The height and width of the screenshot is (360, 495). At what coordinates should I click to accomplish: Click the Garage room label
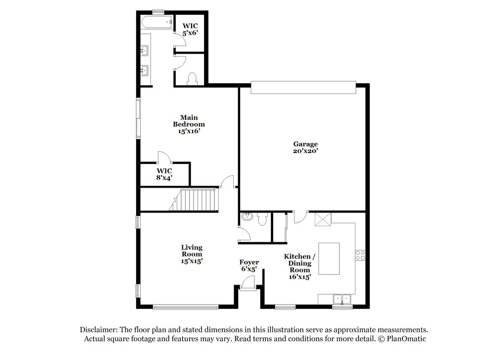pos(305,148)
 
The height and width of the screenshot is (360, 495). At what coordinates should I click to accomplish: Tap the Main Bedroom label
pos(189,124)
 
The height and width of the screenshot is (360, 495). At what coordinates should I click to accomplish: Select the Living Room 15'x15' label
pos(192,254)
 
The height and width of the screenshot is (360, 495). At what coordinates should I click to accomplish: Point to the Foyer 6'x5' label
pos(249,265)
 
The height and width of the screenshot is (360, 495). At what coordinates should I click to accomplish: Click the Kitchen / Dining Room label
pos(299,266)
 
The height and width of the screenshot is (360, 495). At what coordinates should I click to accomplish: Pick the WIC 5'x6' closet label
pos(190,29)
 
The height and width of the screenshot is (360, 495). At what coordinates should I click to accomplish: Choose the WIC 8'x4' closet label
pos(164,174)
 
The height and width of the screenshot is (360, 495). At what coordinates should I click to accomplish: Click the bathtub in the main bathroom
pos(157,22)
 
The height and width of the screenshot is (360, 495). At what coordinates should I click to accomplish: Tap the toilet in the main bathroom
pos(192,79)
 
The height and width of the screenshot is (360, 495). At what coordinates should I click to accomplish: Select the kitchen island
pos(329,258)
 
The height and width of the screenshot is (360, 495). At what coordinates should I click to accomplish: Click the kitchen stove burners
pos(360,256)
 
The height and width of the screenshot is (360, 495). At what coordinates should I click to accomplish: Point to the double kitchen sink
pos(342,299)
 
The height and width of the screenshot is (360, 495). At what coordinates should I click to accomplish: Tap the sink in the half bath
pos(246,217)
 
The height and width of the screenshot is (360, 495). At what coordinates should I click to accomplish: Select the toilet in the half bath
pos(262,219)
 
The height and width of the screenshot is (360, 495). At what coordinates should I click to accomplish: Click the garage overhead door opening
pos(303,88)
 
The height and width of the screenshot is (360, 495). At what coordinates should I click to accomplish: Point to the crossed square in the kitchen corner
pos(323,219)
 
